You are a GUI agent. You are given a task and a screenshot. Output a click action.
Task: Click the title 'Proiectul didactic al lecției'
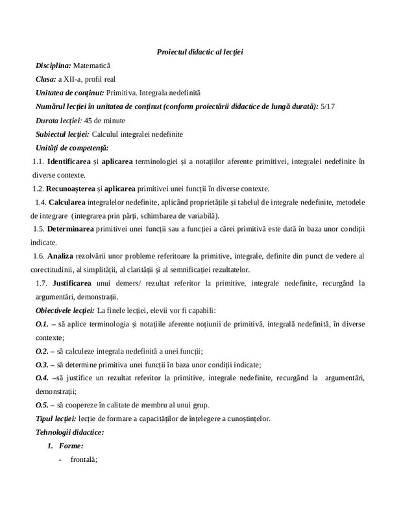200,51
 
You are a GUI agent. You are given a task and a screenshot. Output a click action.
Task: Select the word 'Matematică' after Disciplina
92,66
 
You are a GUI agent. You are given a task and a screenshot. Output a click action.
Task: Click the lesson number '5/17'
330,106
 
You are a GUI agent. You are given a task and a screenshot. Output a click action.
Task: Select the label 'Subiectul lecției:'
63,134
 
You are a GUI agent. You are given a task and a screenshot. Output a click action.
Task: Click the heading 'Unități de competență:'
72,148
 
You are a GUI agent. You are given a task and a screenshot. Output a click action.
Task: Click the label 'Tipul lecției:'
56,418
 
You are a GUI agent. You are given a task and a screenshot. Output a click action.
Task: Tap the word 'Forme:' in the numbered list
71,446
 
